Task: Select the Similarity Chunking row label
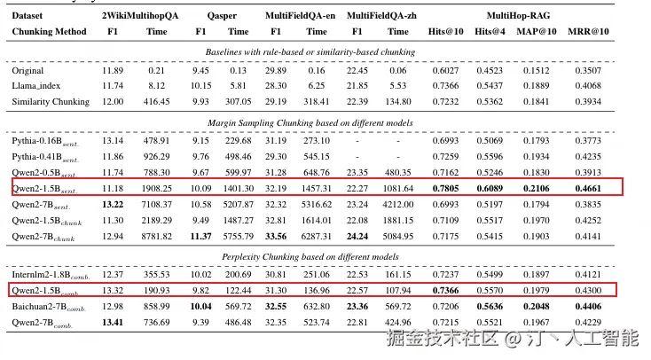51,101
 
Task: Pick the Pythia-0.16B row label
44,140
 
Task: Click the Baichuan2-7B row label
46,305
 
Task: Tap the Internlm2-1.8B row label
49,274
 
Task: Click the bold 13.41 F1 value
113,321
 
